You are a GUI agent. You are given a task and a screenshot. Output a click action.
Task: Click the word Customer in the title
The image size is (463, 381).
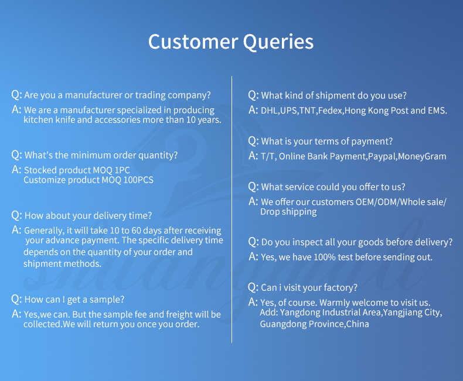point(193,42)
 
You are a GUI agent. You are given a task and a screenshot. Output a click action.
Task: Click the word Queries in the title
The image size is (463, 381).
point(278,42)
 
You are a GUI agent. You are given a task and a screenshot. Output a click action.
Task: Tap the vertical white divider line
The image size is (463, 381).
point(232,210)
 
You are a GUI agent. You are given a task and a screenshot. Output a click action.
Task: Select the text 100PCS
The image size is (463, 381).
point(138,180)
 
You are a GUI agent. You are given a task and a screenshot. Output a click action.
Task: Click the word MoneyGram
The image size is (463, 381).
point(422,156)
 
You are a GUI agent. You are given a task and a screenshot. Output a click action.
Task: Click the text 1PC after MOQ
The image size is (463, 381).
point(122,170)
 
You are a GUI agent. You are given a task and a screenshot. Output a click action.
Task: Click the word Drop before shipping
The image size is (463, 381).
point(270,212)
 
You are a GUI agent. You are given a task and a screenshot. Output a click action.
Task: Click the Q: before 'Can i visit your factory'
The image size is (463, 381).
point(253,287)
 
